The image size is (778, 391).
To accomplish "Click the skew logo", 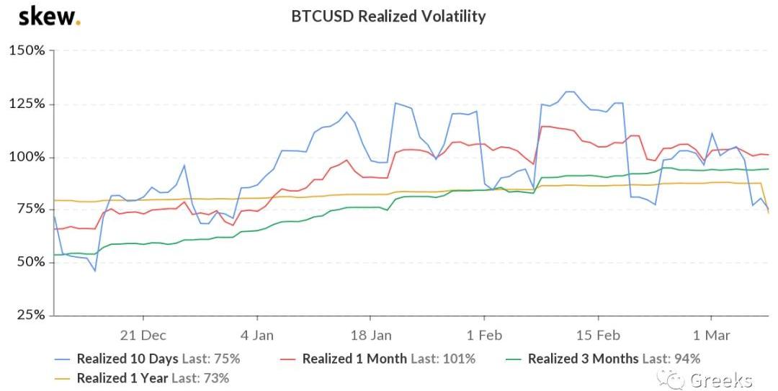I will coord(49,16).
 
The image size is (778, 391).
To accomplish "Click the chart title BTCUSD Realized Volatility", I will coord(388,16).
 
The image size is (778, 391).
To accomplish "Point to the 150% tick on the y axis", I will coord(27,51).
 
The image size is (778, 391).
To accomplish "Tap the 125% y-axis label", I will coord(27,104).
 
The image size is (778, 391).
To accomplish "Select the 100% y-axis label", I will coord(27,157).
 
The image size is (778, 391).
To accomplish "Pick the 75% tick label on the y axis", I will coord(30,210).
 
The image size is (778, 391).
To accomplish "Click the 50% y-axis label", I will coord(30,262).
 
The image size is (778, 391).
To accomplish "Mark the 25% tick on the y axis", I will coord(30,315).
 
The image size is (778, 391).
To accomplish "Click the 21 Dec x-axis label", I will coord(143,335).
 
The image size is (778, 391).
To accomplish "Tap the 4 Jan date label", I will coord(257,335).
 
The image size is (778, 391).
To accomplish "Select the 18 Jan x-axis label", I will coord(370,335).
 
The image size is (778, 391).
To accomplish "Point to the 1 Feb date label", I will coord(484,335).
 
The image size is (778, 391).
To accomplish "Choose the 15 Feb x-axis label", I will coord(598,335).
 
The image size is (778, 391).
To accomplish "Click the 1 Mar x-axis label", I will coord(711,335).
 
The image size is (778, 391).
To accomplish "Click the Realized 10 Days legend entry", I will coord(148,358).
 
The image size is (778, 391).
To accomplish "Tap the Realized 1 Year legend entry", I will coord(143,377).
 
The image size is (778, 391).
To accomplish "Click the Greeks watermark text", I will coord(720,379).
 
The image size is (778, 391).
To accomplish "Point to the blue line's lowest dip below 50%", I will coord(94,271).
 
